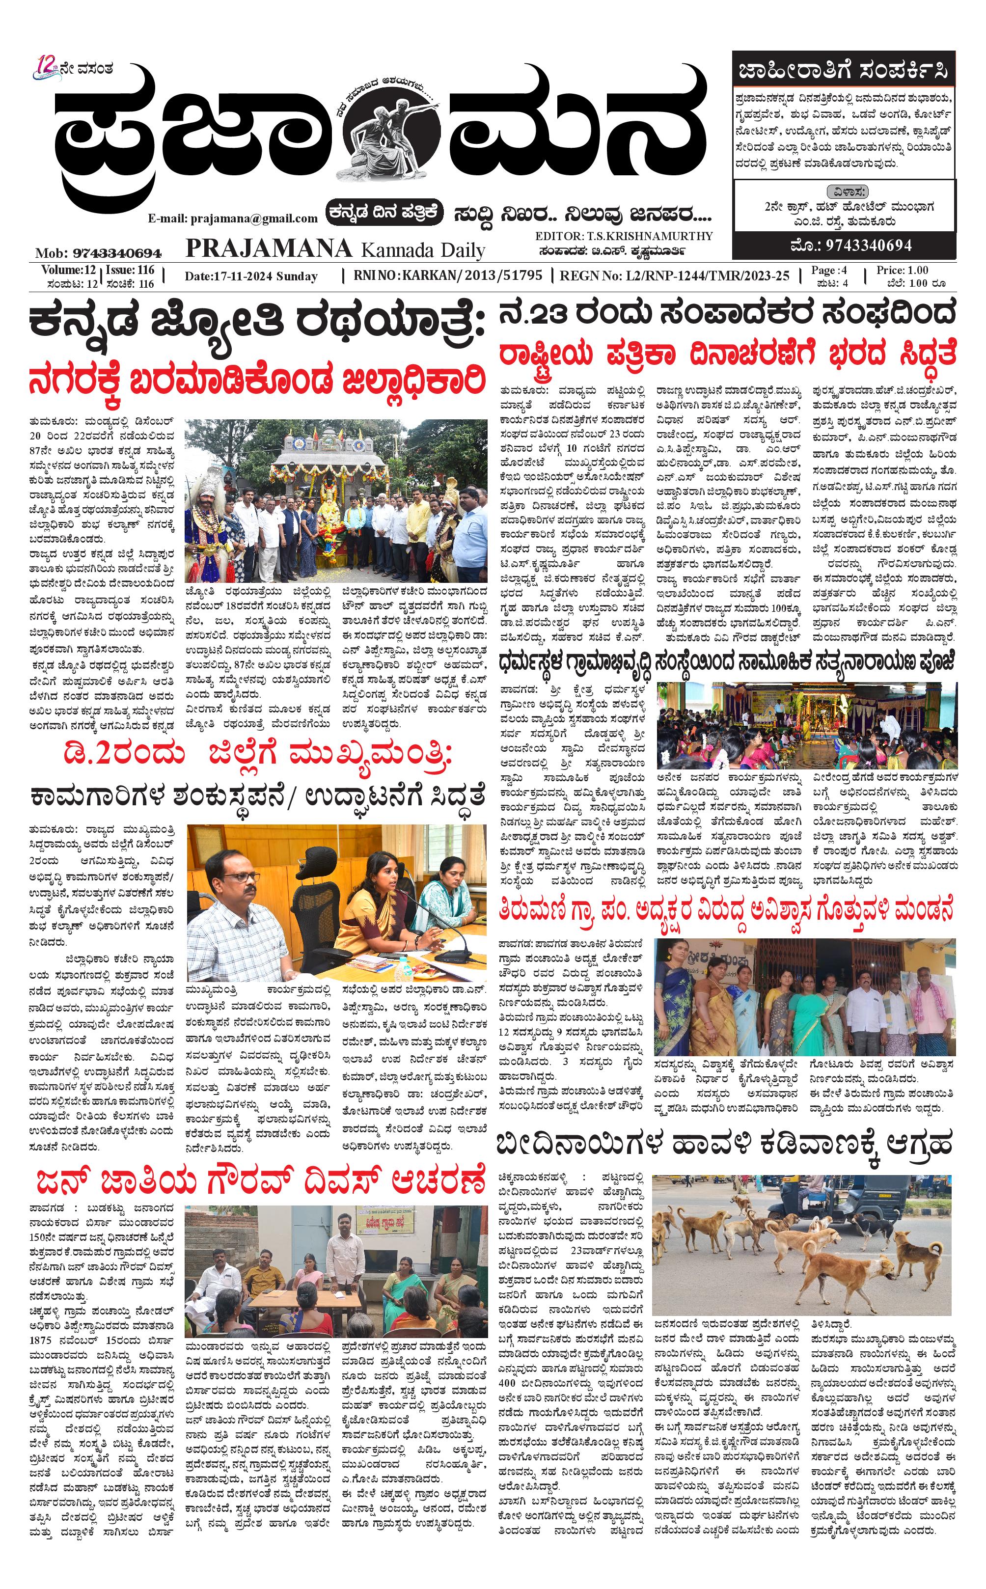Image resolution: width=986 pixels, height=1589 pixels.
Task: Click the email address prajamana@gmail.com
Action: click(x=233, y=219)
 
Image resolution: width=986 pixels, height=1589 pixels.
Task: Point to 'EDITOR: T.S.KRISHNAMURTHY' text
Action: click(x=624, y=236)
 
